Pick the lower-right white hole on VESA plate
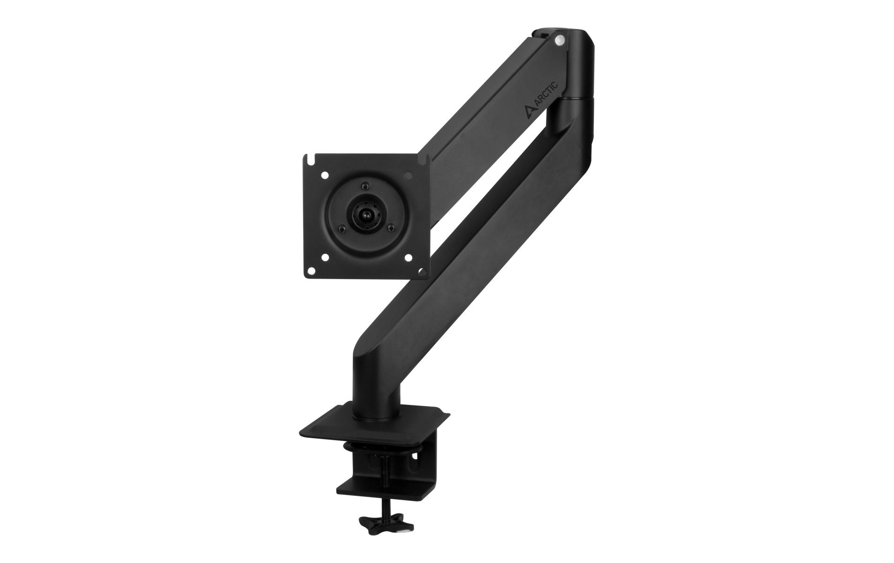(408, 257)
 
